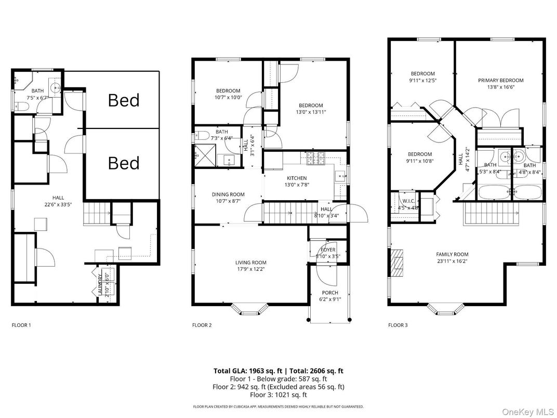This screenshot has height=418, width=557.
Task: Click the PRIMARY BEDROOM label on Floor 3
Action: [500, 81]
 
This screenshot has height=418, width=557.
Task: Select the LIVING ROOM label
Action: [251, 263]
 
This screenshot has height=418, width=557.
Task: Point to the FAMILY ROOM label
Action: [452, 254]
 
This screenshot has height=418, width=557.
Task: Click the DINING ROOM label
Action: [228, 194]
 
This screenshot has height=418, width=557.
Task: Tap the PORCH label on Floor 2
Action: [329, 293]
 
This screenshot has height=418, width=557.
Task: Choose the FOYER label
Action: [328, 250]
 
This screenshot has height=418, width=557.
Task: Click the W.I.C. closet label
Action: [407, 201]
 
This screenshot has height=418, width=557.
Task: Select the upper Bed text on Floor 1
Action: [124, 100]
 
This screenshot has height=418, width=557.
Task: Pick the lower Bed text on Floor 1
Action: [124, 163]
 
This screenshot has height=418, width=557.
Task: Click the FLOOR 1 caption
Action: [21, 325]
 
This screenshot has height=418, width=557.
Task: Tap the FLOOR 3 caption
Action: [398, 325]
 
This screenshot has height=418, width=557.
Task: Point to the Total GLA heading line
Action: [278, 371]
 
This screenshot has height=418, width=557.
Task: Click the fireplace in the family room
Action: [397, 263]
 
